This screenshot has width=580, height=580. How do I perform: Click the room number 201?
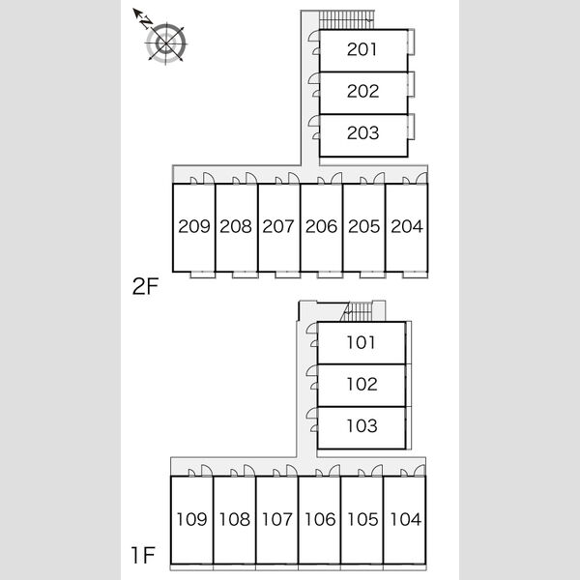tap(362, 49)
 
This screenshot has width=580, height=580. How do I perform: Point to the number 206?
tap(321, 226)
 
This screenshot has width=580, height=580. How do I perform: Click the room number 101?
tap(361, 342)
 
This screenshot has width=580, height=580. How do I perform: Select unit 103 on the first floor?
tap(362, 426)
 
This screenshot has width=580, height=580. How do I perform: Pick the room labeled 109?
tap(191, 519)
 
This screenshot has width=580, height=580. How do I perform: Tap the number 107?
tap(277, 519)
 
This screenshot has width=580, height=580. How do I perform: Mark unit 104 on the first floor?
tap(405, 519)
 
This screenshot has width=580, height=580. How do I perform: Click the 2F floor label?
tap(145, 286)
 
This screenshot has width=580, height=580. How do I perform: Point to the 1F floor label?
tap(143, 555)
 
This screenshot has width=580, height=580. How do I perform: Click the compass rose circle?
tap(166, 43)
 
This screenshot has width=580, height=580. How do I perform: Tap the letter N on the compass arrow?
tap(147, 22)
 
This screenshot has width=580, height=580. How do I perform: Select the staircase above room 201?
tap(347, 19)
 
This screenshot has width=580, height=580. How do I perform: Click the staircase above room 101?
tap(357, 312)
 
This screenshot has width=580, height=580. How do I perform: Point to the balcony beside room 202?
tap(411, 84)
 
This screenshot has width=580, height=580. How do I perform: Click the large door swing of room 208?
tap(250, 178)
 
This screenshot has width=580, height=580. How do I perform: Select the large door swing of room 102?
tap(312, 370)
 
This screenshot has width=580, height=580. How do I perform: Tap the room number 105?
tap(362, 519)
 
